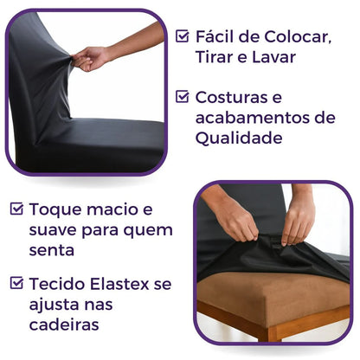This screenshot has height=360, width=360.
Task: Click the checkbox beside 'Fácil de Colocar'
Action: pos(183,36)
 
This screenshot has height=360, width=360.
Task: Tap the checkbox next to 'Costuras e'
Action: pos(183,96)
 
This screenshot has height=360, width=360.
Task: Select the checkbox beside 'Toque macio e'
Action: pos(16,209)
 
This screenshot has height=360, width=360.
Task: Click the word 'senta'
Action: pos(51,251)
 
